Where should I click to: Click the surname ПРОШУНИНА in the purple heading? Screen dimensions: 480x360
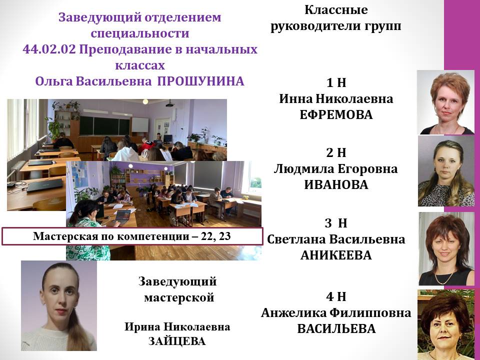point(201,81)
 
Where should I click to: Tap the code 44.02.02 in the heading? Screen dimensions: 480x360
point(49,49)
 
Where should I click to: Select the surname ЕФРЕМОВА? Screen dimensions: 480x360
point(336,115)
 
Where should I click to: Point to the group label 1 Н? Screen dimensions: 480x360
point(336,82)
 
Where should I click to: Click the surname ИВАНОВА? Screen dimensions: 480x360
point(336,184)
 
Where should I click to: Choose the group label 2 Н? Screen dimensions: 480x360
point(336,152)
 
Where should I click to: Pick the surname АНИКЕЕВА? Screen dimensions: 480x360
point(336,255)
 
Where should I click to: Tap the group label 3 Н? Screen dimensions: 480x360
point(336,223)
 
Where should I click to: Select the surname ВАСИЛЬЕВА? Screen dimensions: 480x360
point(336,329)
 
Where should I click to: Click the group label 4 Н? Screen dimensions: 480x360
point(336,296)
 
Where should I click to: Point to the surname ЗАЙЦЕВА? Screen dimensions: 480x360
point(177,341)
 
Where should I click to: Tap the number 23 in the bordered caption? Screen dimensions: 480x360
point(224,236)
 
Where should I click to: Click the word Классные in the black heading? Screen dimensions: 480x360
point(336,10)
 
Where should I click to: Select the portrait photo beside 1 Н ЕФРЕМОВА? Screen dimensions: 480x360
point(445,102)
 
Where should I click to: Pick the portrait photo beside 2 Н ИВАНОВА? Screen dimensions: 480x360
point(446,171)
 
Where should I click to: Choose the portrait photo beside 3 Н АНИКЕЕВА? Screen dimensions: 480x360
point(446,248)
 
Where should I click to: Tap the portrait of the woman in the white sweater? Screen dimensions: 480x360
point(59,305)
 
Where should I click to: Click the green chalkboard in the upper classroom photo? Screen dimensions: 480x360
point(104,126)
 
